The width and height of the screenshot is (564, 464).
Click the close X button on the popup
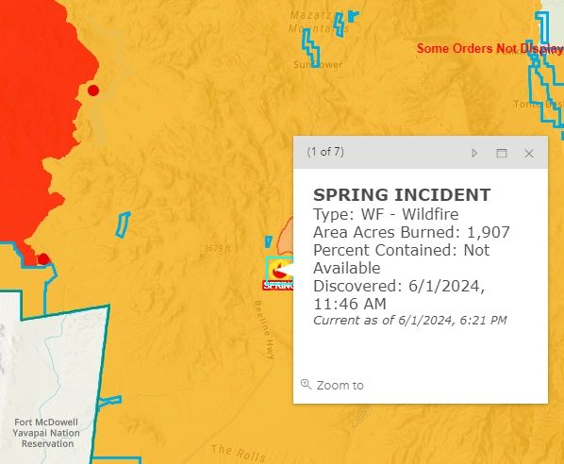click(529, 153)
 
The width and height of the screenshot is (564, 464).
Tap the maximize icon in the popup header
click(502, 153)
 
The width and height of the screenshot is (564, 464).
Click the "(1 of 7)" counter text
click(325, 152)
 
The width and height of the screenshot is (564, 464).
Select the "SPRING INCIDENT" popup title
click(402, 195)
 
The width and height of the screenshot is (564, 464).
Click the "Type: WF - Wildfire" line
click(386, 214)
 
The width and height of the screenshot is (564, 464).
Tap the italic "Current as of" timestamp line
click(409, 321)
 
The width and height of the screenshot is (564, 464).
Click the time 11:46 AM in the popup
click(349, 304)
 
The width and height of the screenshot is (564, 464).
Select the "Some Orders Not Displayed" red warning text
click(489, 48)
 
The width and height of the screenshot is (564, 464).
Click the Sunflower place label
click(317, 64)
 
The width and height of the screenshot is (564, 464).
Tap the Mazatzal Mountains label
click(311, 25)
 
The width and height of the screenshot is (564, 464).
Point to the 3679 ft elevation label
click(216, 249)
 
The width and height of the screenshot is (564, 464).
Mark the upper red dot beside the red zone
click(93, 91)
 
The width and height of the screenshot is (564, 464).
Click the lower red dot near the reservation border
click(42, 259)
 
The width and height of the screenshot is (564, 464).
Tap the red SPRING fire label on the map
click(279, 284)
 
